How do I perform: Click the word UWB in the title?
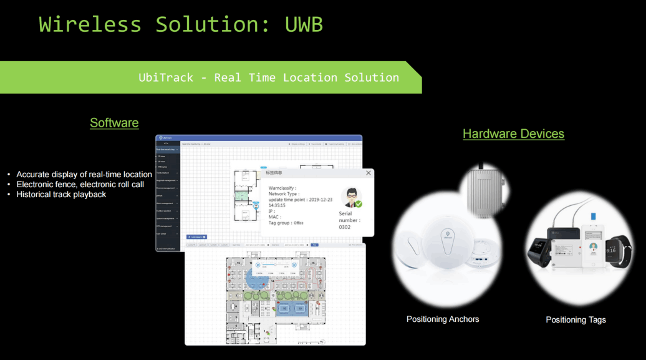point(304,24)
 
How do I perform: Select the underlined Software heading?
point(114,123)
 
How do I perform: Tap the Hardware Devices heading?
point(513,134)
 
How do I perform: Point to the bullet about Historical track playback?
point(61,195)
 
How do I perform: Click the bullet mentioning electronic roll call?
point(80,185)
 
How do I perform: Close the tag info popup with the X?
point(369,173)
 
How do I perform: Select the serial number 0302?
point(345,227)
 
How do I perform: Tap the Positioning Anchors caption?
point(443,319)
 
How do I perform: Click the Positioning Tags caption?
point(576,320)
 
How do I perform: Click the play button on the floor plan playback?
point(258,265)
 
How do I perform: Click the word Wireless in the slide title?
point(90,24)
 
